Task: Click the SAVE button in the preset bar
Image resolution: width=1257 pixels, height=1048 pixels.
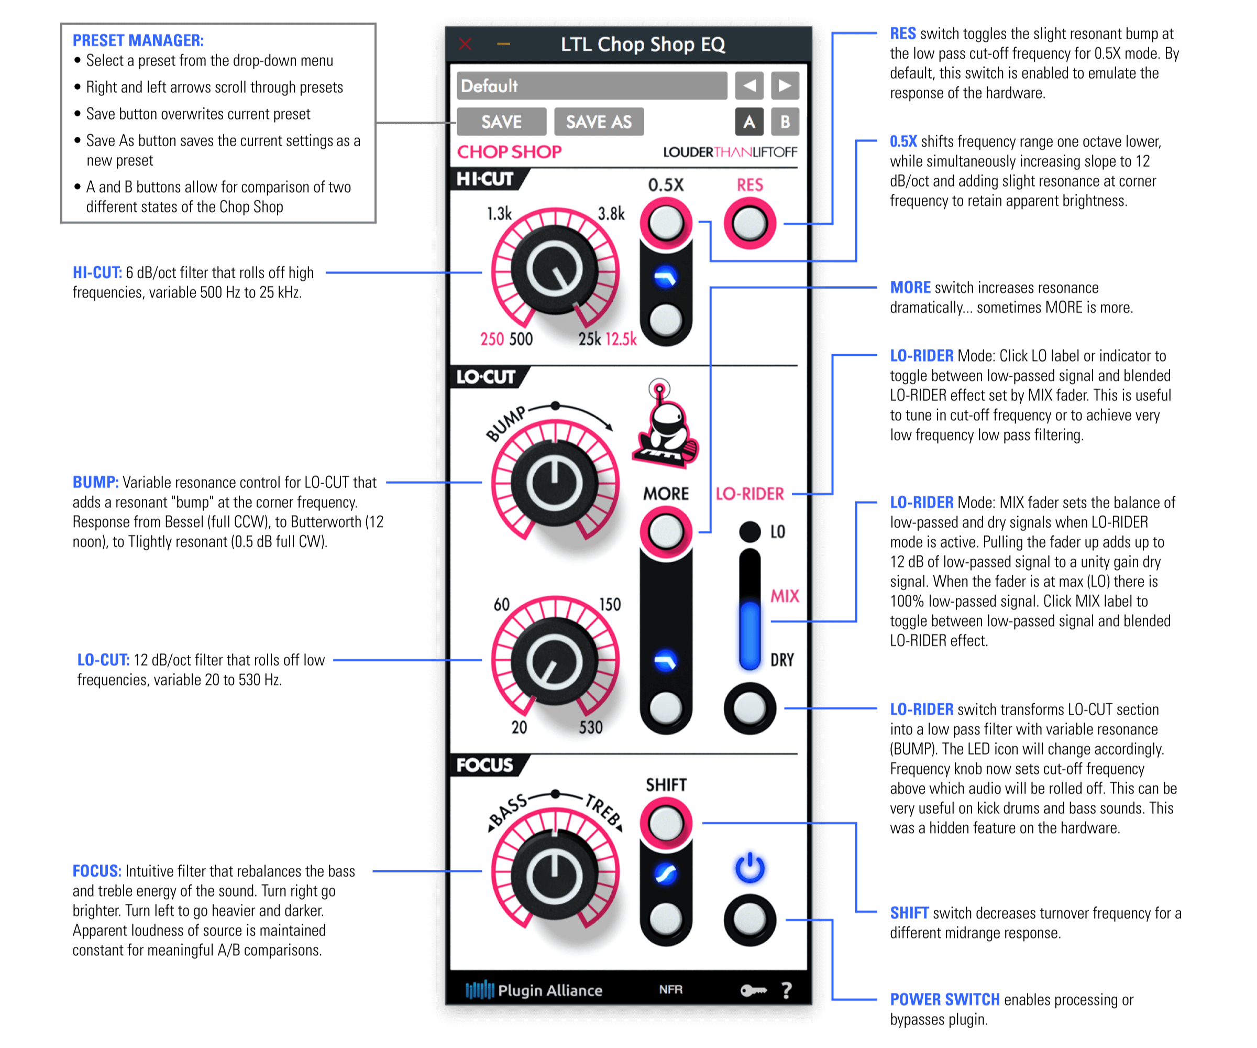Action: tap(501, 122)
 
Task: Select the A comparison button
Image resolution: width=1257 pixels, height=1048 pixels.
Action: tap(749, 122)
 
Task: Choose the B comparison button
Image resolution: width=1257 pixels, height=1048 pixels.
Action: tap(785, 122)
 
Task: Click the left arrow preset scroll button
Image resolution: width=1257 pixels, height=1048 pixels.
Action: tap(749, 85)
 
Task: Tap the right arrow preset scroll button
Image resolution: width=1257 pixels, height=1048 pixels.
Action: tap(785, 85)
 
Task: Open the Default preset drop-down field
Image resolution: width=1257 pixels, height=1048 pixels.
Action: tap(591, 85)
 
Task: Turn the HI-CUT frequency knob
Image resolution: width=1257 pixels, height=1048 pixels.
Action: tap(554, 271)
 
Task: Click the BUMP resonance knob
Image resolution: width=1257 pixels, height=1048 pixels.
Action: tap(554, 483)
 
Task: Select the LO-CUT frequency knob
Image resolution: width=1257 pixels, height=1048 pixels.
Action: tap(554, 662)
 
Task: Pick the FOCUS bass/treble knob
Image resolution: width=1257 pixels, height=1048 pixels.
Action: tap(554, 876)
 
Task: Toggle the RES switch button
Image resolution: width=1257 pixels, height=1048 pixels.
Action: tap(749, 224)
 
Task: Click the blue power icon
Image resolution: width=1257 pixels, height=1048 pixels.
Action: tap(749, 868)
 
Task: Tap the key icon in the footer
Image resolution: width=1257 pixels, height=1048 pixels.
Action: tap(753, 990)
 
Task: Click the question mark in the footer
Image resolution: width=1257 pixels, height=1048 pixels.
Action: tap(787, 990)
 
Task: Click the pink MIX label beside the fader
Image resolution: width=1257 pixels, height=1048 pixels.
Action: tap(784, 596)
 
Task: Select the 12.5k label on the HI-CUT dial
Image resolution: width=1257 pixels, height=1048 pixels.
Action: tap(621, 339)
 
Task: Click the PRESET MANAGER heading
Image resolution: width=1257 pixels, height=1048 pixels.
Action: tap(138, 40)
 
